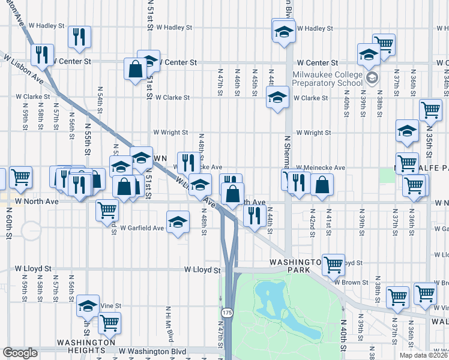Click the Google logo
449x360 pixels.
tap(20, 353)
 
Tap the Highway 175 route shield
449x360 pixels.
tap(227, 313)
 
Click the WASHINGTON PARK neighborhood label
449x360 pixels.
tap(298, 266)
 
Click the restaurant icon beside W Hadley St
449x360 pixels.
tap(79, 37)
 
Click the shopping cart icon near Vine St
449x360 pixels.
tap(109, 322)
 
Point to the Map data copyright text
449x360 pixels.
tap(423, 355)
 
